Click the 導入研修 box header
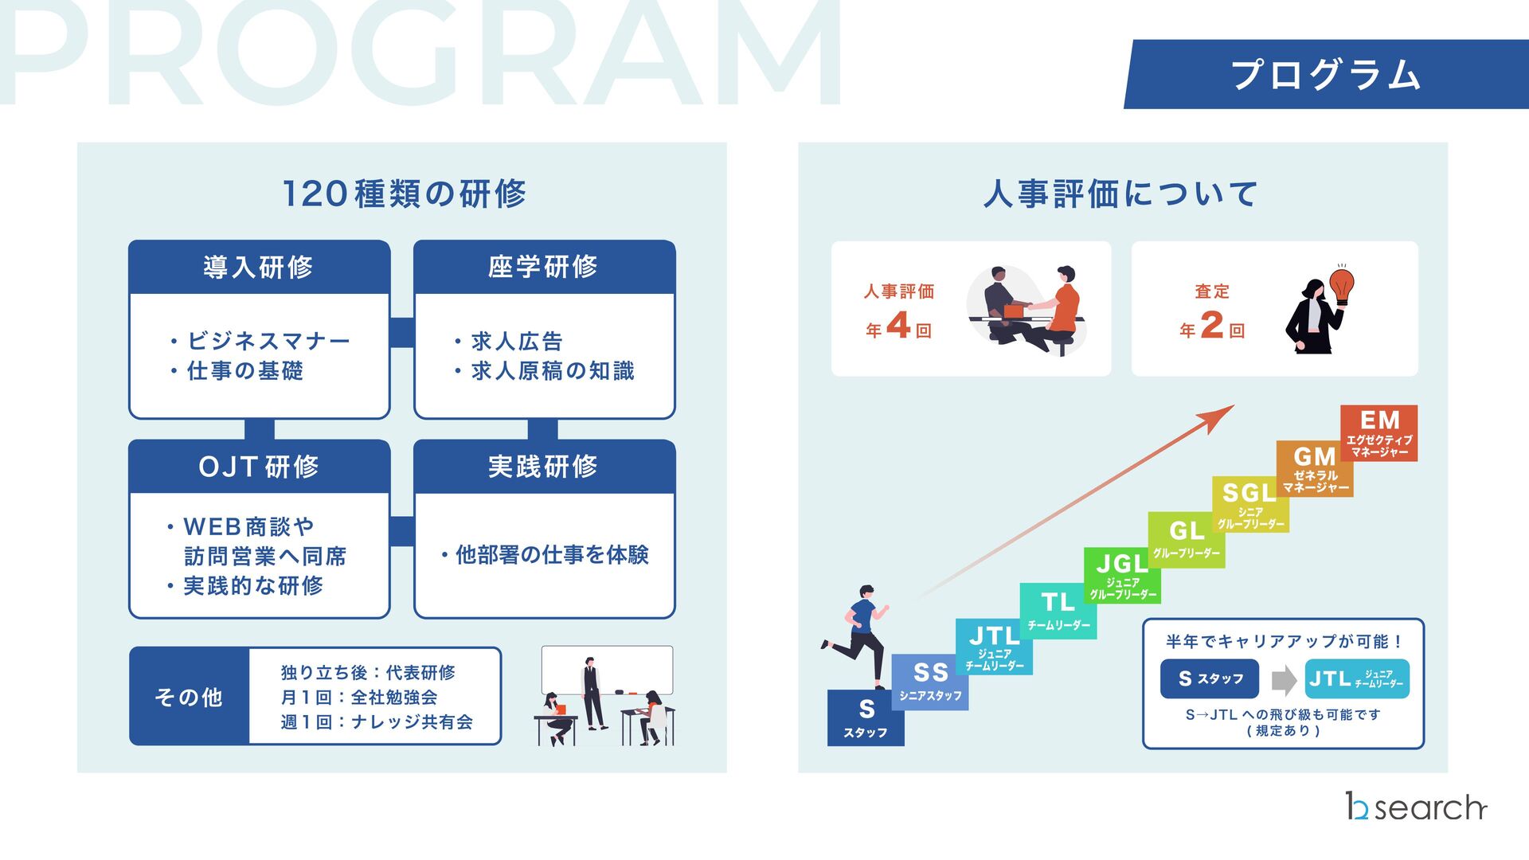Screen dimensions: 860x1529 pos(259,268)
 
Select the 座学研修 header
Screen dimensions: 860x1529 pos(544,268)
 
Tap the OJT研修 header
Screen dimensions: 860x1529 pos(259,467)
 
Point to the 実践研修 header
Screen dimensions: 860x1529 pos(544,467)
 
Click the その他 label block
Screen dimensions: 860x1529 pos(190,697)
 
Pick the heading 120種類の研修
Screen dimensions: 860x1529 pos(405,194)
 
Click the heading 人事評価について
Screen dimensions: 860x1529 pos(1121,194)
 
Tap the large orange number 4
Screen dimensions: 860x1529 pos(898,325)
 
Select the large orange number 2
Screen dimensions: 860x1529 pos(1211,325)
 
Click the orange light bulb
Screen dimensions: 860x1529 pos(1343,284)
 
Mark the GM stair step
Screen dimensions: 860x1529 pos(1315,469)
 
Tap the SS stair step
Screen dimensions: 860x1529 pos(930,682)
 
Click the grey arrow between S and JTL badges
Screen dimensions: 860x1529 pos(1283,680)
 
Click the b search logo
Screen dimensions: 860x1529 pos(1416,807)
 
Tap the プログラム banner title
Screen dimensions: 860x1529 pos(1326,75)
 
